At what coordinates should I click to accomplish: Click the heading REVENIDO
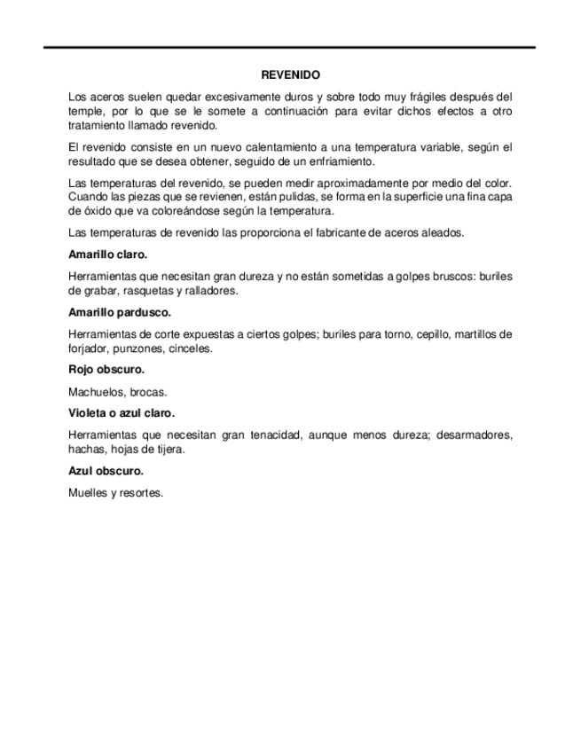[290, 76]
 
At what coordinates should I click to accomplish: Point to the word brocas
[148, 391]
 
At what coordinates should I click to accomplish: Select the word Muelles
[87, 493]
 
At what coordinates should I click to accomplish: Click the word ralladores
[213, 291]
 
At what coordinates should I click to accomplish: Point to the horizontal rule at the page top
[290, 47]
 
